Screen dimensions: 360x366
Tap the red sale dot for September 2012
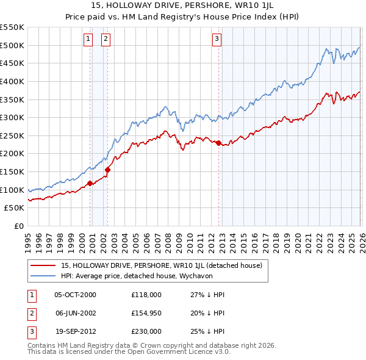click(218, 142)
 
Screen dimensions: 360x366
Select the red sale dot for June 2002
click(107, 170)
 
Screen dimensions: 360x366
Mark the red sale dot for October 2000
click(90, 182)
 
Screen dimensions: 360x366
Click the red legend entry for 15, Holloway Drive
click(161, 265)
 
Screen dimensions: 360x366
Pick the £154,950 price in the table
click(146, 313)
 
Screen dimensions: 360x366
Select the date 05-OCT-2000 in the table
click(75, 295)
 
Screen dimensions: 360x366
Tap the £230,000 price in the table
click(146, 331)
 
